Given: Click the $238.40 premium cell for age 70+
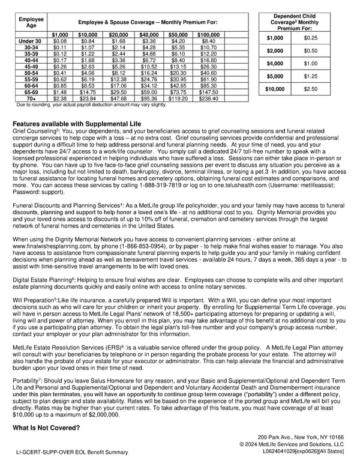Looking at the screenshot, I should click(x=208, y=99).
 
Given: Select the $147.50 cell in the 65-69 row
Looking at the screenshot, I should click(x=208, y=92).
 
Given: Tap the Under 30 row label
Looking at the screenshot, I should click(x=30, y=41).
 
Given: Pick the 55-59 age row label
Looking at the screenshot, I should click(x=30, y=79).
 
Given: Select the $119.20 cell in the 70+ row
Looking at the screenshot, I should click(x=178, y=99).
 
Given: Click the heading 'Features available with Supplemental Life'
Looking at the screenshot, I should click(x=77, y=124).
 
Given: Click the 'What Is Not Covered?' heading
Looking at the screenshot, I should click(x=46, y=428).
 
